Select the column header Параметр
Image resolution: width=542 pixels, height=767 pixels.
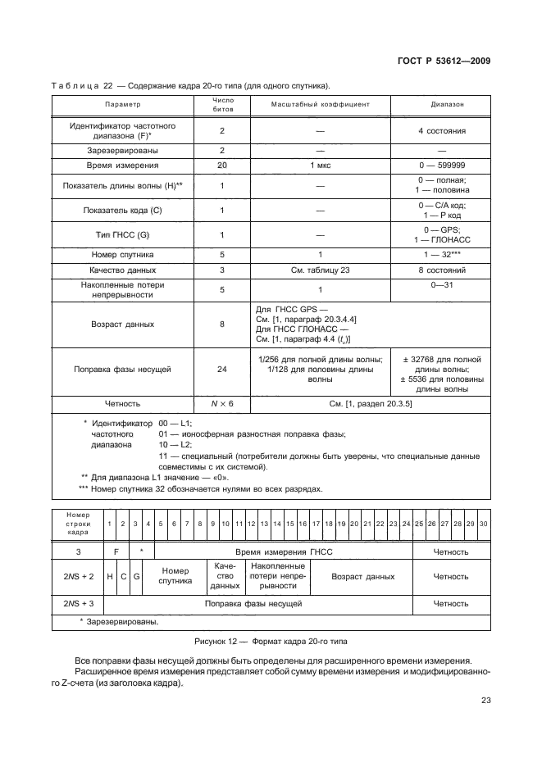pyautogui.click(x=122, y=105)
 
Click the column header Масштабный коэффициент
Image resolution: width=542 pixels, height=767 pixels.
pyautogui.click(x=321, y=105)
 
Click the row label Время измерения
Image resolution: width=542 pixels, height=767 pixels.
pyautogui.click(x=122, y=166)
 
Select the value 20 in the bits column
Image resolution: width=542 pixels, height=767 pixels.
pyautogui.click(x=221, y=166)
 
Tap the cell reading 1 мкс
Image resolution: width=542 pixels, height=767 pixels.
pyautogui.click(x=321, y=166)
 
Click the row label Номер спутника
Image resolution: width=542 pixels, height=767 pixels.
pyautogui.click(x=122, y=254)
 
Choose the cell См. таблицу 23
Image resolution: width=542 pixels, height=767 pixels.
pyautogui.click(x=321, y=270)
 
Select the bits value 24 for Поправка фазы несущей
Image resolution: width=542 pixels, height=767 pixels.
pyautogui.click(x=221, y=370)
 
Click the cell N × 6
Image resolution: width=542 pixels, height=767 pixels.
pyautogui.click(x=221, y=403)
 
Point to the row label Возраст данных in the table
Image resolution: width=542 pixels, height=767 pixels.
pyautogui.click(x=122, y=324)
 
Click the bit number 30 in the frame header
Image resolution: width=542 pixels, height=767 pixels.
pyautogui.click(x=483, y=523)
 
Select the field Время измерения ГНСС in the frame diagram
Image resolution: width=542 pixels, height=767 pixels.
pyautogui.click(x=282, y=551)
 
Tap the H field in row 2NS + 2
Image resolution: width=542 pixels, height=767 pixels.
pyautogui.click(x=110, y=577)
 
